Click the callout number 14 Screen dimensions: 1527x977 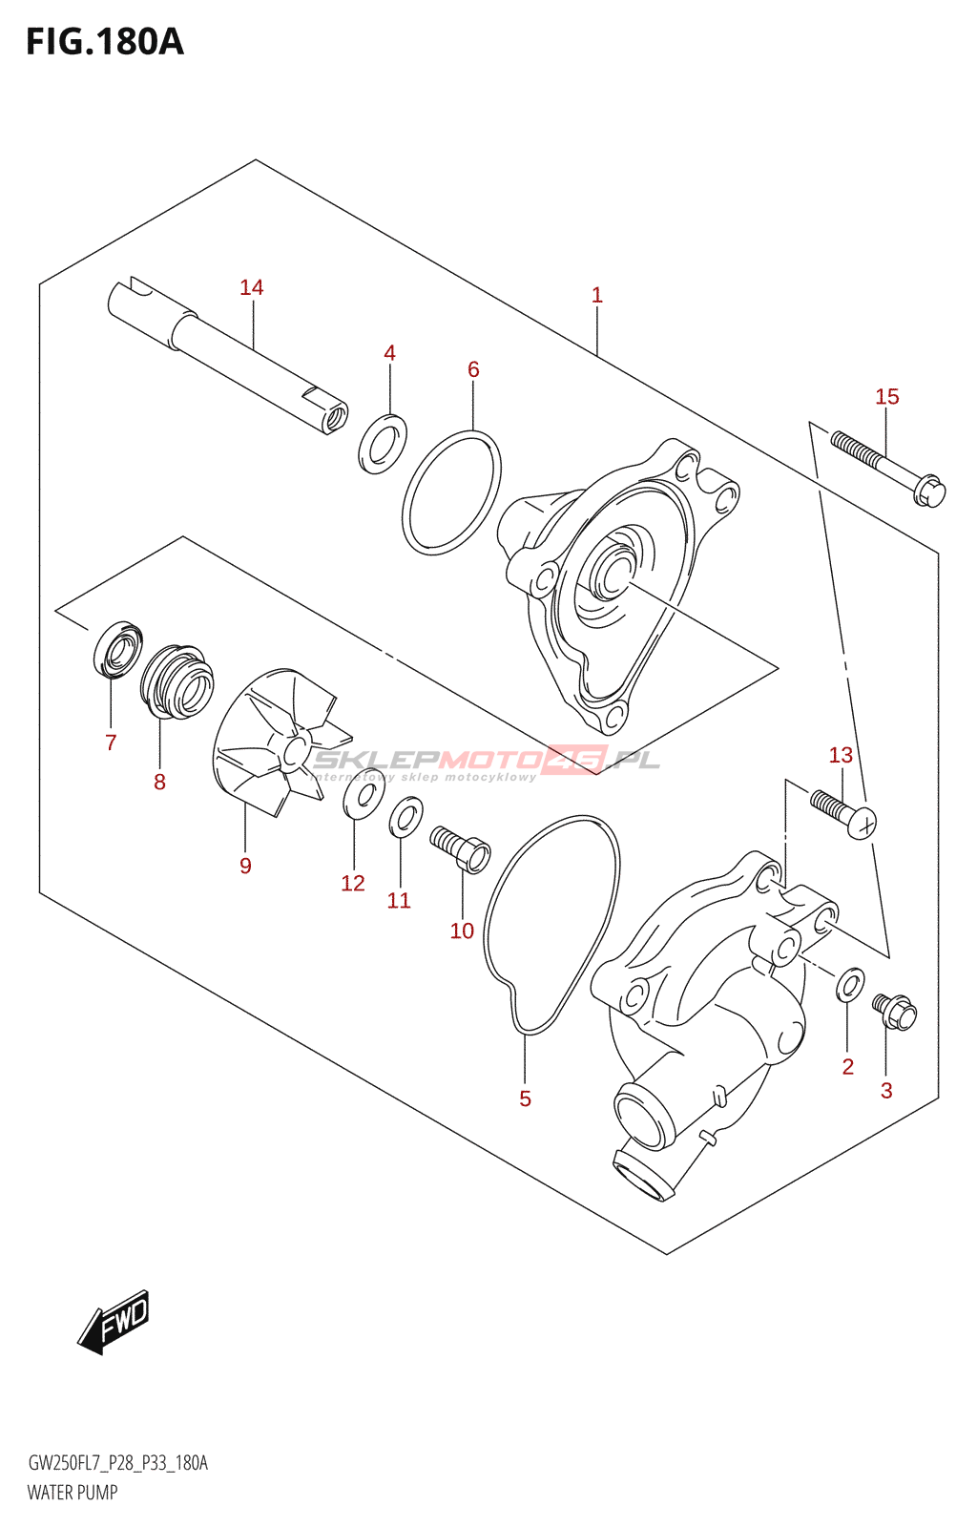click(x=251, y=287)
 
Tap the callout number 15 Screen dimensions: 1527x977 click(x=886, y=396)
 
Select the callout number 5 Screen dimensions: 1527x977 click(x=525, y=1098)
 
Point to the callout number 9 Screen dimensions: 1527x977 click(x=245, y=866)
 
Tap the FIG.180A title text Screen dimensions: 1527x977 click(x=105, y=42)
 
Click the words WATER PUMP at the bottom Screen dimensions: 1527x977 click(x=73, y=1493)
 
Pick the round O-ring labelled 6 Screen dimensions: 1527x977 click(x=451, y=492)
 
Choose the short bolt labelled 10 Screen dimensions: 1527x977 click(x=461, y=847)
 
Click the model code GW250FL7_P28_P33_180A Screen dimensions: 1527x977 click(x=117, y=1463)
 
